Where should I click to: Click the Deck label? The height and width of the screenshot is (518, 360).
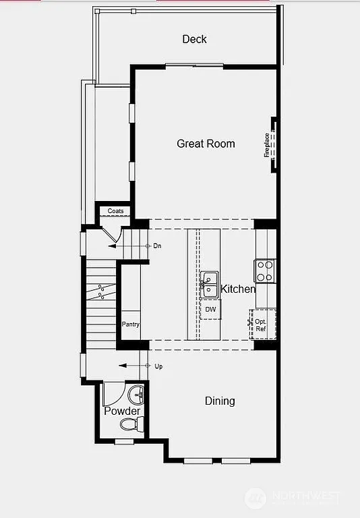click(x=194, y=39)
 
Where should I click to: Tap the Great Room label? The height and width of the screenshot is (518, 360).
click(x=206, y=143)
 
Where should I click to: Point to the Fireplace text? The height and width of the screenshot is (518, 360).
click(x=267, y=145)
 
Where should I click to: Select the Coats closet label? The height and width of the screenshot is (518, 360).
click(x=115, y=211)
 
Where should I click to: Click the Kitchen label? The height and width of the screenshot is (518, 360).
click(x=238, y=289)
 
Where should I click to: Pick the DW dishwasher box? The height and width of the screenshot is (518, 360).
click(x=210, y=310)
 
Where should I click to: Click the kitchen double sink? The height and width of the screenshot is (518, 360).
click(x=208, y=284)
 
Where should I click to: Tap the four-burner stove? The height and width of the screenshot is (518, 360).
click(x=264, y=271)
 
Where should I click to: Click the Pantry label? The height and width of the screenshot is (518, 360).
click(x=130, y=324)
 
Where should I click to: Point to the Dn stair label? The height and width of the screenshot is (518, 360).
click(x=157, y=246)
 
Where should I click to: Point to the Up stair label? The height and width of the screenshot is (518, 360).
click(x=158, y=366)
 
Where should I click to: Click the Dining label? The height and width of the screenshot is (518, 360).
click(x=220, y=401)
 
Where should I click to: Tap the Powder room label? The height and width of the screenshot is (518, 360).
click(x=122, y=411)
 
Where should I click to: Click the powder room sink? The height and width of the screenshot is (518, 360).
click(x=137, y=393)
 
